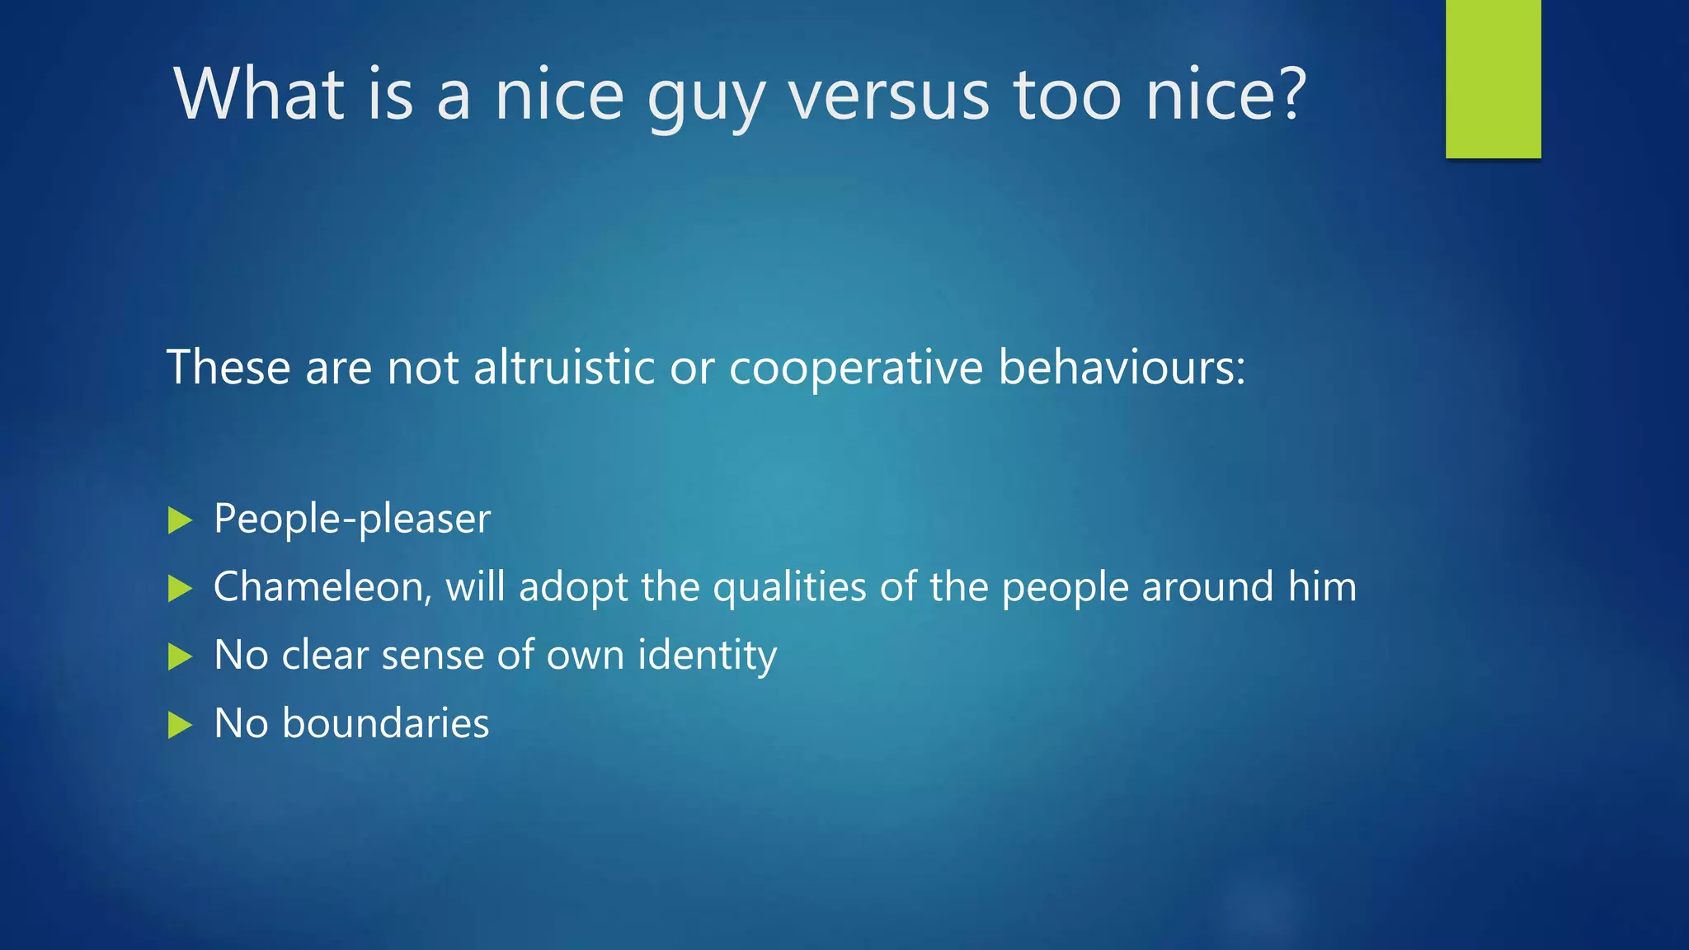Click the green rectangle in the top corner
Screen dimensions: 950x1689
[1493, 79]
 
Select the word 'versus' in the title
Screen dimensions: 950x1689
[888, 96]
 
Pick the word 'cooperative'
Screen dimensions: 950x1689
[855, 369]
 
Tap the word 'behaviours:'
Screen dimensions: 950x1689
[1122, 367]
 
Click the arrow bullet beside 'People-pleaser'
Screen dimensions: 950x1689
[180, 520]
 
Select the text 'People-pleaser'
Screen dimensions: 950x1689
[352, 520]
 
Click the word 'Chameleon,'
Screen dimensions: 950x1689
[322, 588]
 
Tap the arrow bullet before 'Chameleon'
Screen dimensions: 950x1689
[180, 589]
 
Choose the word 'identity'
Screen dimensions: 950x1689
[707, 656]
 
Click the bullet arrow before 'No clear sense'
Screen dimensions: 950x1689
[180, 657]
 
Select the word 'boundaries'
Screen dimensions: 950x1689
[385, 723]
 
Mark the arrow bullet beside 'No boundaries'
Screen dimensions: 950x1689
[180, 726]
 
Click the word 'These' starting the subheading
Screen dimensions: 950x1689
[228, 367]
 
